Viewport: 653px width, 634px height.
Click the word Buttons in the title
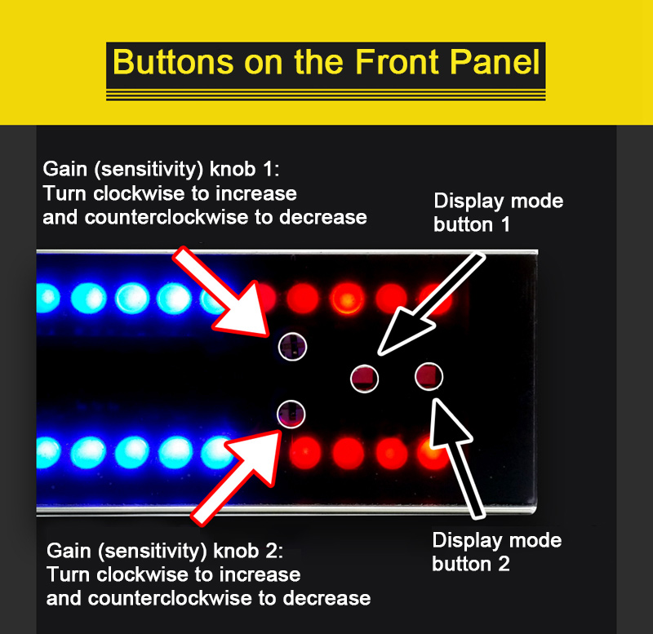(172, 63)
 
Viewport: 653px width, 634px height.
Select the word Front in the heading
(396, 63)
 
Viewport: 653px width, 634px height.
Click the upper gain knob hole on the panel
(292, 346)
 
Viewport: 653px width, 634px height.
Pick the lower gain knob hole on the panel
(291, 415)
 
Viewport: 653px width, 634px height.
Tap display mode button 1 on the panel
(364, 379)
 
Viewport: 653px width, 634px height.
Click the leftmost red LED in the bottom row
(305, 453)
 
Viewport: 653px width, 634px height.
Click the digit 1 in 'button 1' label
(505, 224)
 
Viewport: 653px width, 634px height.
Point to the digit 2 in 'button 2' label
(504, 564)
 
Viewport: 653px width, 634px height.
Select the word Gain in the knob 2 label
(69, 551)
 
